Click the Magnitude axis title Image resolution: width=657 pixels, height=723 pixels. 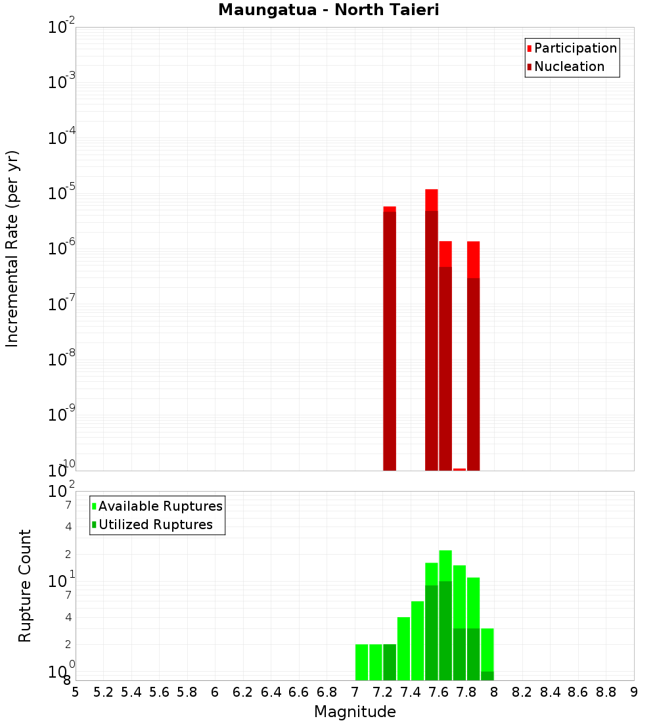click(x=355, y=712)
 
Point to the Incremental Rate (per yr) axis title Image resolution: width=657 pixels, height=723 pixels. click(x=12, y=248)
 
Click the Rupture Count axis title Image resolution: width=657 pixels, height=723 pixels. click(x=25, y=586)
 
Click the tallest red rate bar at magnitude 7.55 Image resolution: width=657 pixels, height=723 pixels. click(x=432, y=329)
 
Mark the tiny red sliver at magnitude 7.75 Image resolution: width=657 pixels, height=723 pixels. click(x=459, y=469)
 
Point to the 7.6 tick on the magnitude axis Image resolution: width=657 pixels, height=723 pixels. click(x=438, y=692)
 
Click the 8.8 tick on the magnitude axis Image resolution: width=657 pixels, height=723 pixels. click(x=606, y=692)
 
